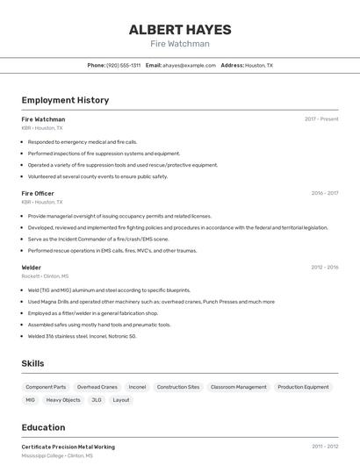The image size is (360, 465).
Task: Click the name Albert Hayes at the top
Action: click(179, 29)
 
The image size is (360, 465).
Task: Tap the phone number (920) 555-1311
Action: click(123, 65)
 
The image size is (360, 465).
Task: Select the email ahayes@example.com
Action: click(189, 65)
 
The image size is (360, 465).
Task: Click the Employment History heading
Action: click(65, 100)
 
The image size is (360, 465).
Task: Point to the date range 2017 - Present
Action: click(321, 118)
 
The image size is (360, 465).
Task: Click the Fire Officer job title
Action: click(38, 193)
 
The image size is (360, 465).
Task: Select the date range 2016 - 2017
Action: click(324, 193)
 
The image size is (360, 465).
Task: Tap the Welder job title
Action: click(32, 267)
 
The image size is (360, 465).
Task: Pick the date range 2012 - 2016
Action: click(324, 267)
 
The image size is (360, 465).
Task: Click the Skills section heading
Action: click(33, 363)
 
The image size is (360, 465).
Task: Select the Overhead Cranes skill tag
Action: click(97, 387)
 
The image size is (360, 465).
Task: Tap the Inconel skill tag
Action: click(137, 387)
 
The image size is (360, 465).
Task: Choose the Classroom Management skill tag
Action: click(238, 387)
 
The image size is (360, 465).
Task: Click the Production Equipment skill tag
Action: click(303, 387)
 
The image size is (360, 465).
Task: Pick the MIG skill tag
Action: click(31, 400)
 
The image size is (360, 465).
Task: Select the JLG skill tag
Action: click(97, 400)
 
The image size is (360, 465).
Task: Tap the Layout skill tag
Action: click(121, 400)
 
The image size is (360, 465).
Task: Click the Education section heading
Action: click(44, 427)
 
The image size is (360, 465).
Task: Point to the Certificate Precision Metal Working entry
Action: click(68, 447)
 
